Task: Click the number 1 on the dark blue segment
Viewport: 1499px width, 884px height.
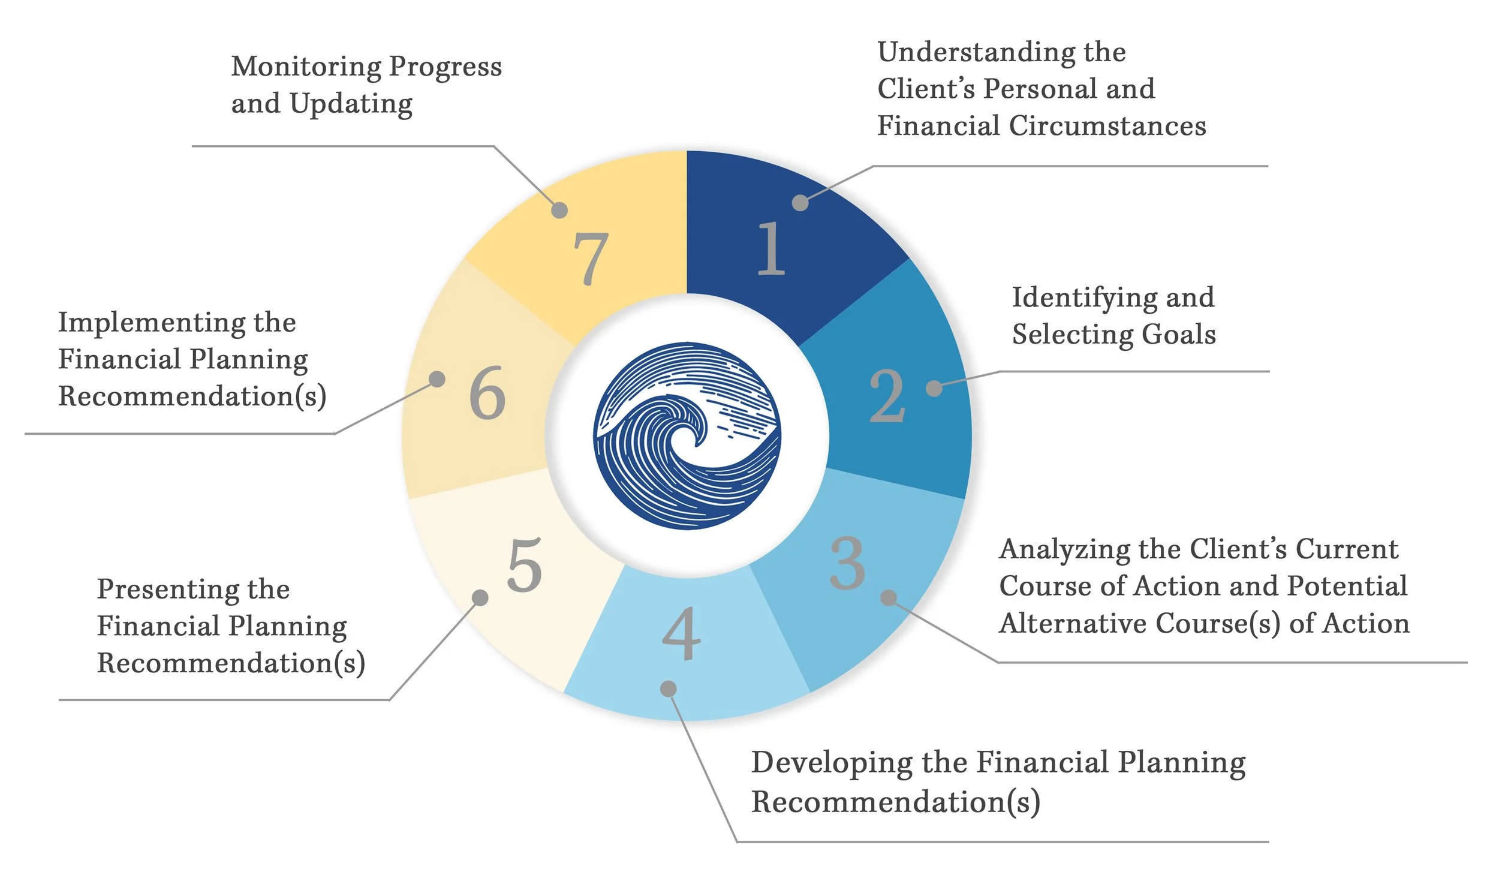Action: coord(771,248)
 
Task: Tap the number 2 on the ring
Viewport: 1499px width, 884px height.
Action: coord(887,396)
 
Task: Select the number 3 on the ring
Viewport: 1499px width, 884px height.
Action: coord(847,564)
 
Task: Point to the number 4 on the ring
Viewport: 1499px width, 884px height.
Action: coord(682,633)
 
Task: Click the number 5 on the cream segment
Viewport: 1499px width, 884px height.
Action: coord(525,565)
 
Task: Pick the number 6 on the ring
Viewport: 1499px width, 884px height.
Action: coord(487,393)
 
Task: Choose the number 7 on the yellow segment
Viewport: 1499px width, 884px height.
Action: coord(591,258)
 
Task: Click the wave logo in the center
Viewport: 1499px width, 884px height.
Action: coord(687,436)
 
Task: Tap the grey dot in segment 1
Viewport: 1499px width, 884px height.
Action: coord(800,203)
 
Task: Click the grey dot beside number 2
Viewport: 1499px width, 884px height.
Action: coord(934,389)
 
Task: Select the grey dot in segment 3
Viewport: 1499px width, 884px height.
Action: coord(889,597)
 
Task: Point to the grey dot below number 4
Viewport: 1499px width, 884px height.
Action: coord(669,688)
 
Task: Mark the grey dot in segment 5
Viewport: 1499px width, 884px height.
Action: coord(480,597)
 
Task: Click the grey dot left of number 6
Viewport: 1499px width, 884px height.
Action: coord(437,379)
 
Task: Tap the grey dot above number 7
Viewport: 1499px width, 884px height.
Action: coord(559,210)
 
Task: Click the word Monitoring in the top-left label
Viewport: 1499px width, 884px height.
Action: coord(306,67)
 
